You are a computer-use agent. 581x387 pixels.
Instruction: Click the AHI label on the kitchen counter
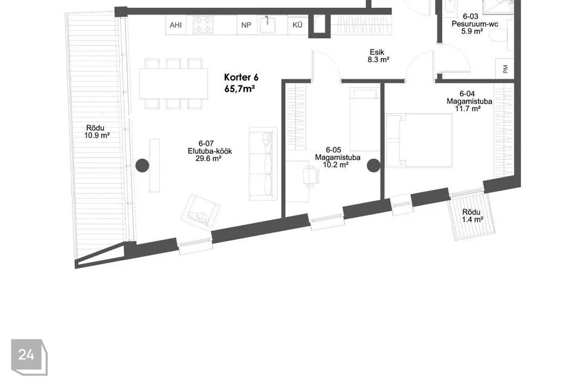tap(176, 25)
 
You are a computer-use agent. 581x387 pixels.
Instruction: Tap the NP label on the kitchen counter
tap(246, 25)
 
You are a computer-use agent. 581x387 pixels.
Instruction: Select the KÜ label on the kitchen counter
tap(297, 25)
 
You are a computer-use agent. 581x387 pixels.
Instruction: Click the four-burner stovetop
tap(203, 25)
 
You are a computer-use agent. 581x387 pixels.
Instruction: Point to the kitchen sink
tap(267, 25)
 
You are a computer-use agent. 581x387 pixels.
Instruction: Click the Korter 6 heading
tap(241, 77)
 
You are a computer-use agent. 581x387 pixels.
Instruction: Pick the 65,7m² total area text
tap(240, 89)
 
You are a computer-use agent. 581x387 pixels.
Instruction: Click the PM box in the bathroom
tap(505, 69)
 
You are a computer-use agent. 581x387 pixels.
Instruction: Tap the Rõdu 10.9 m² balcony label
tap(96, 132)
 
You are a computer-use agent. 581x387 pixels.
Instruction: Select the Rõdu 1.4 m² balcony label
tap(472, 216)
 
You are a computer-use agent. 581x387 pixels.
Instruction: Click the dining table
tap(174, 83)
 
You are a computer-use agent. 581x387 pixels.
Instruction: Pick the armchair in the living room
tap(200, 213)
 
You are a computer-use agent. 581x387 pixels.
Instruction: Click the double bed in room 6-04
tap(419, 140)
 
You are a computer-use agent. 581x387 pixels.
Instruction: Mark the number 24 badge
tap(29, 357)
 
